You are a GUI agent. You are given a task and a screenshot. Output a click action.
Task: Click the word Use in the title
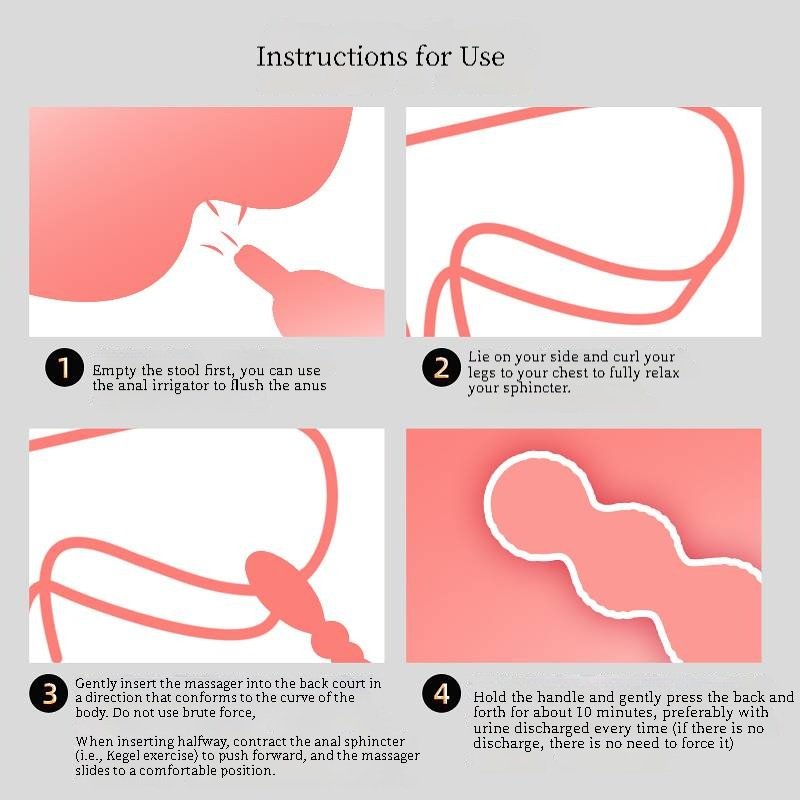[x=482, y=56]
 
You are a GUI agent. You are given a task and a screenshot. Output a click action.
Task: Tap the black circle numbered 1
[x=64, y=367]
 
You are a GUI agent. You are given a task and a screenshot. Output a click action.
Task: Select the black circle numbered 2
[x=441, y=367]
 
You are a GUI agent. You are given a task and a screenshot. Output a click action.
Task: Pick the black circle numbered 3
[x=49, y=693]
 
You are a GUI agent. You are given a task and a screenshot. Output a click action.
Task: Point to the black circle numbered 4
[x=441, y=693]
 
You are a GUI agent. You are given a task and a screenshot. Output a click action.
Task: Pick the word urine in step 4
[x=491, y=728]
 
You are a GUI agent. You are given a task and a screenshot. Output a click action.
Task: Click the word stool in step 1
[x=184, y=370]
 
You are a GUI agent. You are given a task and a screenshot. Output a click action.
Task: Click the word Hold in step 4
[x=490, y=697]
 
